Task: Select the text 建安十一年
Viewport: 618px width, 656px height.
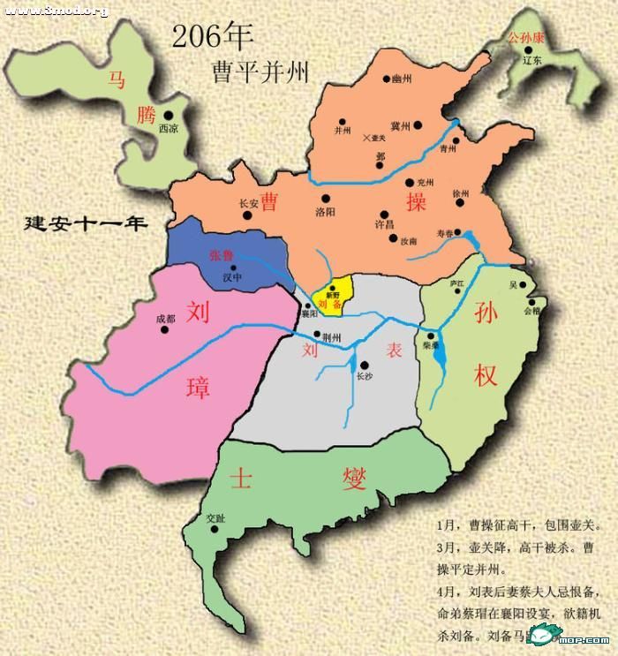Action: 86,222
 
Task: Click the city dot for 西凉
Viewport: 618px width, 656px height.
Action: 166,114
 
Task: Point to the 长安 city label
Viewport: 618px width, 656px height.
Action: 248,203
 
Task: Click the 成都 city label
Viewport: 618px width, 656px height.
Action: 165,319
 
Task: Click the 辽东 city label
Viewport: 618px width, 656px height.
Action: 531,61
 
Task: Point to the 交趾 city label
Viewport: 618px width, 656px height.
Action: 215,518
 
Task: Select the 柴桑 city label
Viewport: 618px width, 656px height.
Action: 431,347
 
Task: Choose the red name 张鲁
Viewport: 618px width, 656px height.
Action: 222,255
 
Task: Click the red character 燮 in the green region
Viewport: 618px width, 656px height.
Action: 357,479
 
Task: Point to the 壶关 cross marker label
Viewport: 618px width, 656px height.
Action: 380,138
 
